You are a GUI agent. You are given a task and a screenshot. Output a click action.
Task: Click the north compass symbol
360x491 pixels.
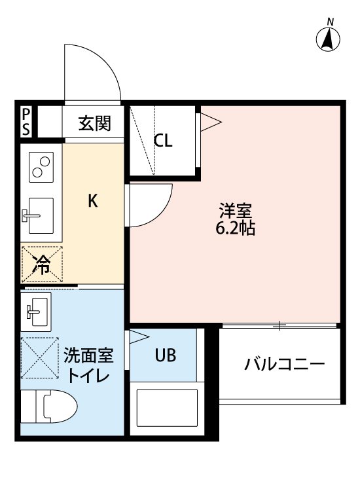coord(329,39)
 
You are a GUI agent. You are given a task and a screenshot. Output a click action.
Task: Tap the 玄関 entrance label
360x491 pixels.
coord(94,123)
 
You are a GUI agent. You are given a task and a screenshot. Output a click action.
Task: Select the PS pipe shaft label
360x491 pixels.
coord(26,122)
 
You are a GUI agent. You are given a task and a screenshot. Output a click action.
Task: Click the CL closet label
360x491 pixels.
coord(163,141)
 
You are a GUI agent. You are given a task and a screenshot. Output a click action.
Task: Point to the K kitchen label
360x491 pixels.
coord(93,201)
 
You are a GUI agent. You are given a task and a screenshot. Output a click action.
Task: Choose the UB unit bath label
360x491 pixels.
coord(165,355)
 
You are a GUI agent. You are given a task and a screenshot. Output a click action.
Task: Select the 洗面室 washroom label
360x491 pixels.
coord(88,357)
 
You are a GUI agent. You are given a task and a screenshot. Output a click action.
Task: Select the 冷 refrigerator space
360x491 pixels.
coord(42,264)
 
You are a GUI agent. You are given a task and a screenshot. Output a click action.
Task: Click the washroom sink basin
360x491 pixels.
coord(38,309)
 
